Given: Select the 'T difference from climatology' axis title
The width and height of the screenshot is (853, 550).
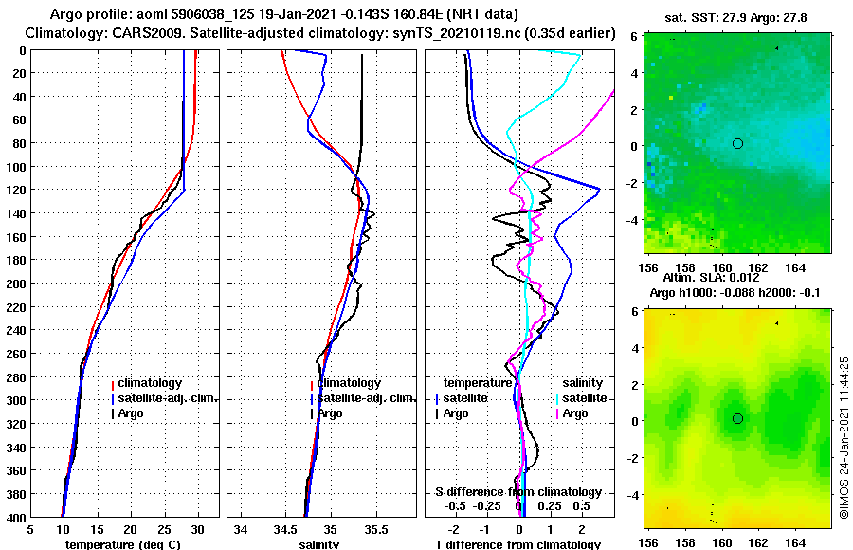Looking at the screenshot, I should (x=517, y=544).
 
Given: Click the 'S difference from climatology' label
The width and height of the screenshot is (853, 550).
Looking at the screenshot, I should (x=517, y=492).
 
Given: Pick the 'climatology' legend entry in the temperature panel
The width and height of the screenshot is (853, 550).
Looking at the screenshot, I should (x=151, y=382).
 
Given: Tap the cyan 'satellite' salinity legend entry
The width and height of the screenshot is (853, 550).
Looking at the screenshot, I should (x=584, y=398).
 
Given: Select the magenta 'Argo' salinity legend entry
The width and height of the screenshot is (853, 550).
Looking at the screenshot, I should (x=574, y=413).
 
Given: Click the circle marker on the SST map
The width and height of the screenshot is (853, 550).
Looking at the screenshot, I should (x=737, y=143).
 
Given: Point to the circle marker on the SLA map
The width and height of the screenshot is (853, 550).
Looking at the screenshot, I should (x=737, y=418).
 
